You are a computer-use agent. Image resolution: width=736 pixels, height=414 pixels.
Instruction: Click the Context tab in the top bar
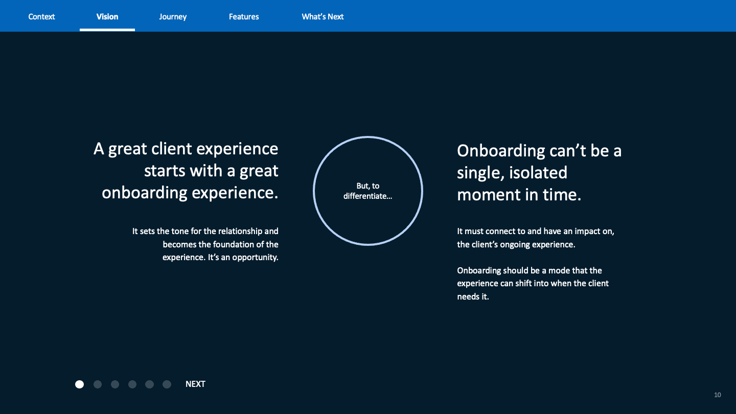[41, 16]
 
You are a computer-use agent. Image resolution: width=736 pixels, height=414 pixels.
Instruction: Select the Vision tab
[107, 16]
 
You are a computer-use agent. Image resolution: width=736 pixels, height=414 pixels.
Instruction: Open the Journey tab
[173, 16]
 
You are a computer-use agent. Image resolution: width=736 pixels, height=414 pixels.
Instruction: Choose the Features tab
[244, 16]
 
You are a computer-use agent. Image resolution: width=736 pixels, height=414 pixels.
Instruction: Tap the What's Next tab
[323, 16]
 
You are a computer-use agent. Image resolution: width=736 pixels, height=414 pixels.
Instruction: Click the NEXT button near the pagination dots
[195, 384]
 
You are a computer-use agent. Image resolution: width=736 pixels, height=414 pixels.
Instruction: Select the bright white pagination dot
[79, 384]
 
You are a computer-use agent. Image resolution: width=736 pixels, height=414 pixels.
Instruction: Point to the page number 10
[718, 395]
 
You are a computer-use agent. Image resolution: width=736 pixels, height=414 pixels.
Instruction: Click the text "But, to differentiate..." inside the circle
[367, 191]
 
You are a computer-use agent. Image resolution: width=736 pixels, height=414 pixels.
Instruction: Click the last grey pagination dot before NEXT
[167, 384]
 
